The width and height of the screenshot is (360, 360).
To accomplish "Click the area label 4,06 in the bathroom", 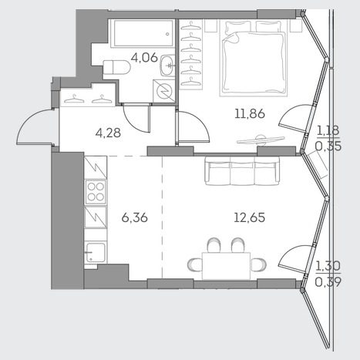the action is coord(144,58).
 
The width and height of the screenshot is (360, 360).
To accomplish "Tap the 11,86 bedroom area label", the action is coord(250,113).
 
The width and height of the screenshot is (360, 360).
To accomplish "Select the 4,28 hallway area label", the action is coord(108,133).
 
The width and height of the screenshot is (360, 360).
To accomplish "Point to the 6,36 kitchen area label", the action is coord(134,218).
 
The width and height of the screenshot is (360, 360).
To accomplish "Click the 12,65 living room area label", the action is coord(250,217).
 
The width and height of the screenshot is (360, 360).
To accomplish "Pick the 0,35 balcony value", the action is coord(328,146).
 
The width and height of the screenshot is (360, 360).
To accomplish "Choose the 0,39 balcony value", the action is coord(328,282).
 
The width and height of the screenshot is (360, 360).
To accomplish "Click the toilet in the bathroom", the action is coord(117,67).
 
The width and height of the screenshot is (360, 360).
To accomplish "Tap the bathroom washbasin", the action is coord(168,66).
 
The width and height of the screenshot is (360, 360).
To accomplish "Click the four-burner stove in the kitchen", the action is coord(96,192).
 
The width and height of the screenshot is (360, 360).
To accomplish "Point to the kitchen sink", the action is coord(96,253).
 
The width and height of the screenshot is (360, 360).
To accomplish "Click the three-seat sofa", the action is coord(242,171).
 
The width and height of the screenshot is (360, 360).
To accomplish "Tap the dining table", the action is coord(226,266).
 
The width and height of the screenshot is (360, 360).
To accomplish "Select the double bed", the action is coord(253,58).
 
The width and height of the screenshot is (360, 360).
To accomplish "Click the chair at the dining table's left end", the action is coord(194,264).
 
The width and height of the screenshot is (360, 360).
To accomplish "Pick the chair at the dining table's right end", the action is coord(258,264).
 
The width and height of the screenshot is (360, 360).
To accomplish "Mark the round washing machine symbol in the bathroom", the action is coord(164,90).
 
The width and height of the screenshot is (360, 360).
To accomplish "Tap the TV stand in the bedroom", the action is coord(261,140).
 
